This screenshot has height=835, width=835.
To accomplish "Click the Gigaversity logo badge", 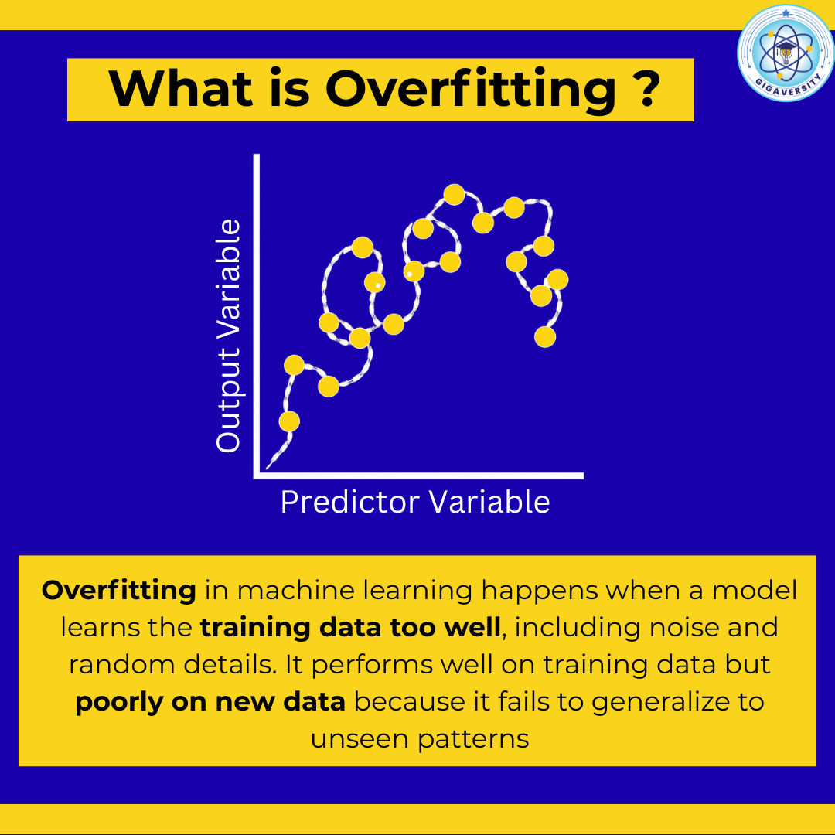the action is tap(786, 53).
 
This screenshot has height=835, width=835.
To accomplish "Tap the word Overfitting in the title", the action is tap(470, 89).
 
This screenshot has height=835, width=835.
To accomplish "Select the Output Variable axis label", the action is tap(228, 336).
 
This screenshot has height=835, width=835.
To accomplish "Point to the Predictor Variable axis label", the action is tap(415, 502).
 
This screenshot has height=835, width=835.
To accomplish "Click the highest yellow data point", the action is tap(455, 194).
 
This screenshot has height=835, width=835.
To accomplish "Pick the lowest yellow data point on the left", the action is tap(289, 421).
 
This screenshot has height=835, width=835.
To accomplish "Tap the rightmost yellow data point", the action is tap(557, 280).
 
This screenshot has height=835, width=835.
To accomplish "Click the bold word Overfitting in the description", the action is tap(119, 590).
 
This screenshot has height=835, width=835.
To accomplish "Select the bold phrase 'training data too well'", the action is tap(350, 627).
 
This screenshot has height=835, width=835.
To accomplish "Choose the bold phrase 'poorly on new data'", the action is tap(210, 702).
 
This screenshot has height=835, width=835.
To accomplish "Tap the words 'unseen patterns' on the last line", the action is tap(420, 739).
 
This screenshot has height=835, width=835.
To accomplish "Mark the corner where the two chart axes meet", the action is tap(257, 475).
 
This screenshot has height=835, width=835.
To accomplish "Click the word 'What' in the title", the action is tap(180, 88).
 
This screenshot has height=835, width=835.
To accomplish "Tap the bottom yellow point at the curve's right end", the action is tap(545, 337).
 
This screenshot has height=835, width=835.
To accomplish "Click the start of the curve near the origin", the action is tap(268, 468).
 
